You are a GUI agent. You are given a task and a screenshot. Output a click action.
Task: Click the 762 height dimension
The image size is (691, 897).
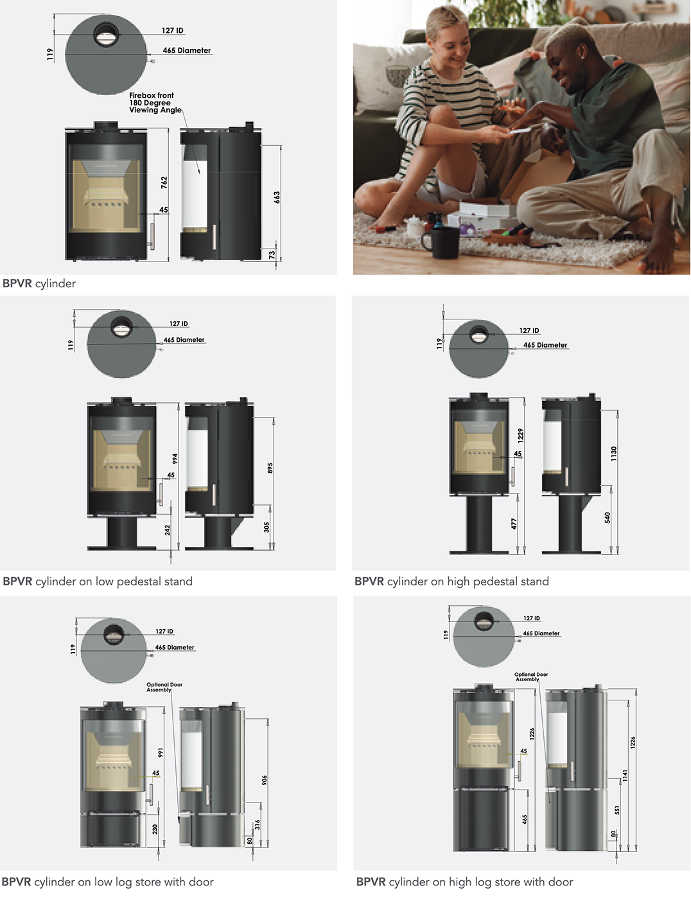coord(164,182)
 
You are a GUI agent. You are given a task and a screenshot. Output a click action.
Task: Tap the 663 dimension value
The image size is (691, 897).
coord(277,197)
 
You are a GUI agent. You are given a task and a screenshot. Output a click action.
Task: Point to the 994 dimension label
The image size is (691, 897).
coord(175,459)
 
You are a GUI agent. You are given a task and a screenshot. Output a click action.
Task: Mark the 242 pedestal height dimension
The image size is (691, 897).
coord(168,530)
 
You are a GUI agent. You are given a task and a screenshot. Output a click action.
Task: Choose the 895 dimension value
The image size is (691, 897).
coord(270,468)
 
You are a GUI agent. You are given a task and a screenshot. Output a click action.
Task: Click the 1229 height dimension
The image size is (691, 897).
coord(520,435)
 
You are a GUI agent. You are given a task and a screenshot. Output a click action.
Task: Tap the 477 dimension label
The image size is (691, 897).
coord(514,524)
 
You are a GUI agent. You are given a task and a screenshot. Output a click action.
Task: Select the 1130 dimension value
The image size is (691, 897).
coord(614,454)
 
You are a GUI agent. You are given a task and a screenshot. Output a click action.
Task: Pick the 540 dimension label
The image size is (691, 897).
coord(608,517)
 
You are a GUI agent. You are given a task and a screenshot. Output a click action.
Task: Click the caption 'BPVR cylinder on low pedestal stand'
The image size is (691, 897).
coord(98,582)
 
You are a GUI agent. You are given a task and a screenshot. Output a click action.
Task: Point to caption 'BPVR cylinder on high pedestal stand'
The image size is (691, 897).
coord(451,582)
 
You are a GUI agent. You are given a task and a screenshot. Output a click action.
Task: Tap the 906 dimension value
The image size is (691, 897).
coord(264,780)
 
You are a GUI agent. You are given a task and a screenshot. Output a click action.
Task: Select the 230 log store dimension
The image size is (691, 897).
coord(155,830)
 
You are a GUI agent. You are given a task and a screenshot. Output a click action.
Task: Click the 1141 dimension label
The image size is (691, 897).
coord(625,776)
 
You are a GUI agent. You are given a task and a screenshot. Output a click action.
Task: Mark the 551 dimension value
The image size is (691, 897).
coord(617,810)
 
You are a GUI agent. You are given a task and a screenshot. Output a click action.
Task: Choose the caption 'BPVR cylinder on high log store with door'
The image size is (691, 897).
coord(464,882)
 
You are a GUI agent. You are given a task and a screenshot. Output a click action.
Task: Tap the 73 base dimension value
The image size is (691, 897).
coord(272,255)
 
